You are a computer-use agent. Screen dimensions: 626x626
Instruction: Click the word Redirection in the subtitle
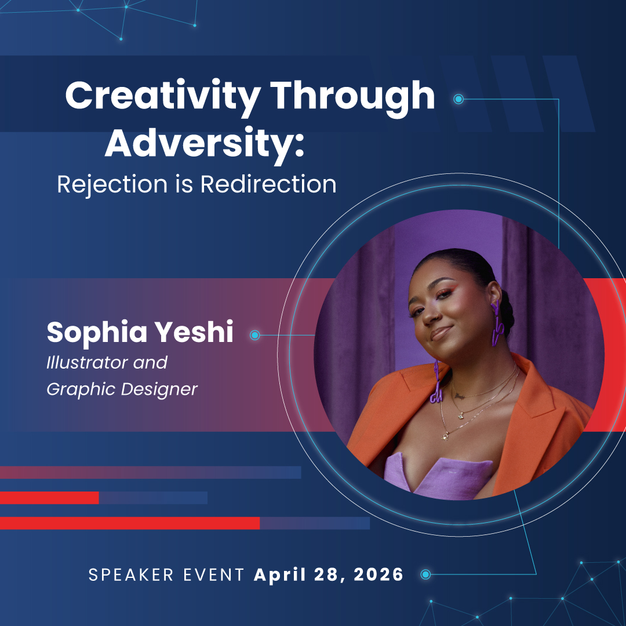click(x=268, y=184)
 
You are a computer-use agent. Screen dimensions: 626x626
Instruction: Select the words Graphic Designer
click(x=122, y=389)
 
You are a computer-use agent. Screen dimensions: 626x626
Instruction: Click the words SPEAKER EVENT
click(x=166, y=575)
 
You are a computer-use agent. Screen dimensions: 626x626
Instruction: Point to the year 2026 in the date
click(x=374, y=575)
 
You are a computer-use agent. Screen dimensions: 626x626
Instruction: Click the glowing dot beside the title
click(x=458, y=99)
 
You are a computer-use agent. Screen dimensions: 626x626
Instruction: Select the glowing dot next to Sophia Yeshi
click(x=254, y=335)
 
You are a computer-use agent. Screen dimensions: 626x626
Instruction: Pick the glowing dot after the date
click(x=425, y=574)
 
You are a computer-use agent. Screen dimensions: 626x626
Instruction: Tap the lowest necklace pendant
click(x=445, y=435)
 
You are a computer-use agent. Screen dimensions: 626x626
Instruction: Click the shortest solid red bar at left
click(x=49, y=497)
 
